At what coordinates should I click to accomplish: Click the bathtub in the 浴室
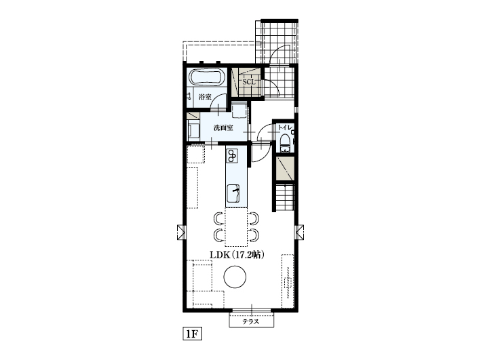206,78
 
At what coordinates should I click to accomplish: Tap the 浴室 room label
204,98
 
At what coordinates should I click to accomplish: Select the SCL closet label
249,83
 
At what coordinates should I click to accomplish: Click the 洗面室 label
223,127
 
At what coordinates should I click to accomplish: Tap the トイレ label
284,127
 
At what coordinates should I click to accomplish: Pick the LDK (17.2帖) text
236,255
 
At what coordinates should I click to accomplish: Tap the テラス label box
252,322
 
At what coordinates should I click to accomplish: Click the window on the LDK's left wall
180,231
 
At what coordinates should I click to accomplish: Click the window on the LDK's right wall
299,231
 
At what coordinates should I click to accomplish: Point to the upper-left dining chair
218,218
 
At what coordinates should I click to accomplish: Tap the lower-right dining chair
253,235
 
